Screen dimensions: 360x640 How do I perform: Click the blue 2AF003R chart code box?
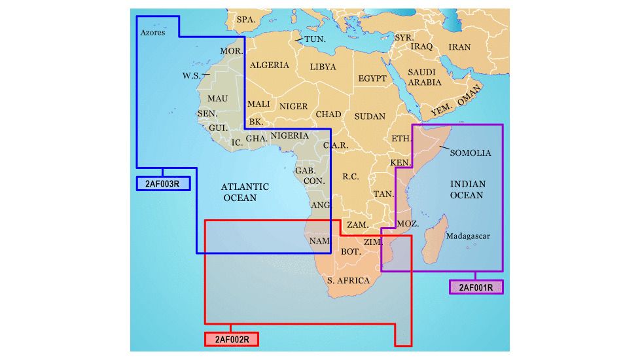pyautogui.click(x=163, y=184)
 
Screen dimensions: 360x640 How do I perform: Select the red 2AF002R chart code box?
pyautogui.click(x=231, y=339)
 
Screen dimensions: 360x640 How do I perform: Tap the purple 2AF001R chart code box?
pyautogui.click(x=476, y=287)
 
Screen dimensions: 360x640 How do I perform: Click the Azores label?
pyautogui.click(x=152, y=33)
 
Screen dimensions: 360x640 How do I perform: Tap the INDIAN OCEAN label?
pyautogui.click(x=467, y=190)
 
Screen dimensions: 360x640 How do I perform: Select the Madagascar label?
pyautogui.click(x=467, y=236)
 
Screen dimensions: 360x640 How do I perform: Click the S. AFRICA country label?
pyautogui.click(x=349, y=280)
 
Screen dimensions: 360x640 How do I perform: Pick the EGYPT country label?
pyautogui.click(x=372, y=79)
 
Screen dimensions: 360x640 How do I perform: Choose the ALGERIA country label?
pyautogui.click(x=270, y=65)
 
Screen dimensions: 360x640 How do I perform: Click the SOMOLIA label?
pyautogui.click(x=471, y=153)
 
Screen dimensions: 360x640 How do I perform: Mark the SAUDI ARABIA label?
pyautogui.click(x=425, y=77)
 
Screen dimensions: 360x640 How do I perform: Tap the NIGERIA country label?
pyautogui.click(x=289, y=135)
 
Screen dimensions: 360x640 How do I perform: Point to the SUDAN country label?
pyautogui.click(x=370, y=117)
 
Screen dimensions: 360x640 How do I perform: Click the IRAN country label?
pyautogui.click(x=459, y=47)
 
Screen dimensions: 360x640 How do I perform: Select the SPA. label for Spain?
pyautogui.click(x=245, y=20)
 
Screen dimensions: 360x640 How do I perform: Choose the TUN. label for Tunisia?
pyautogui.click(x=315, y=39)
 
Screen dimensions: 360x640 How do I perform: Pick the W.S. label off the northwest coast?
pyautogui.click(x=192, y=76)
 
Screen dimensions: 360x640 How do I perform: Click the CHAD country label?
pyautogui.click(x=329, y=115)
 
